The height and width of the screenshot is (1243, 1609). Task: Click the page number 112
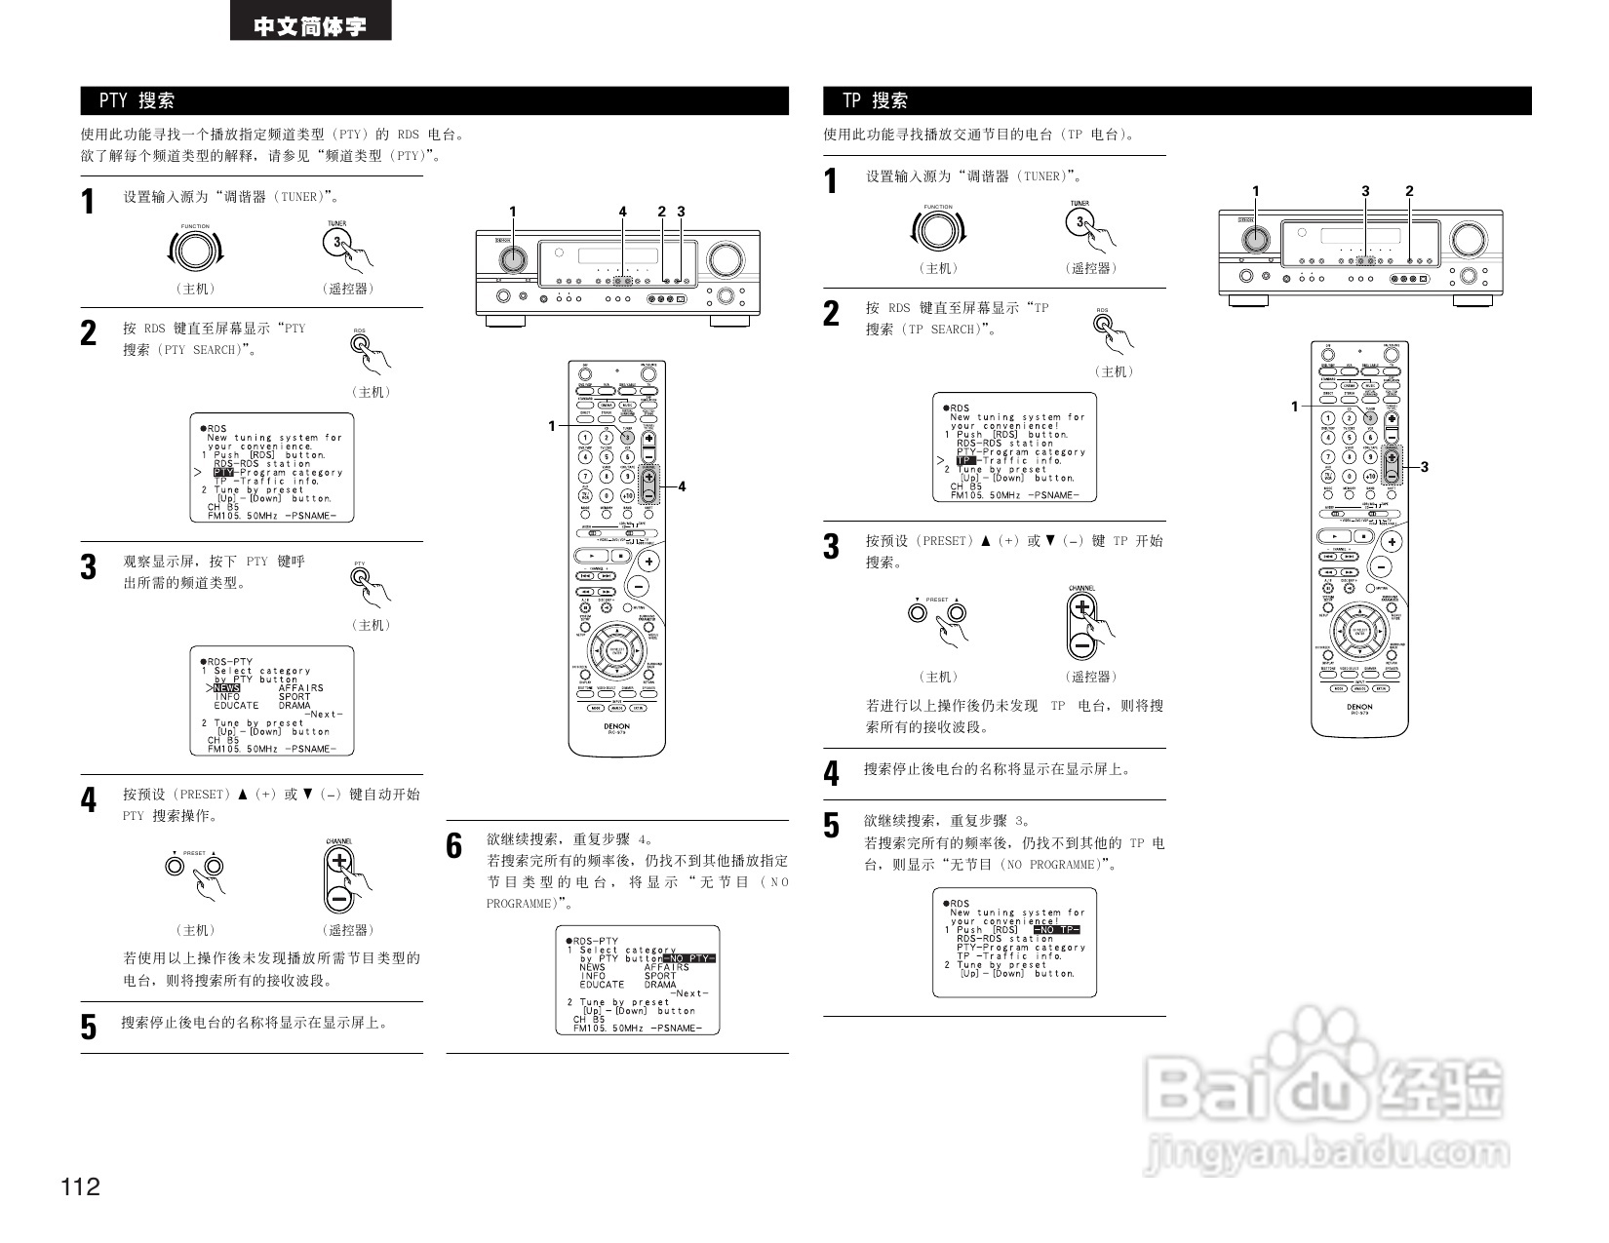coord(80,1186)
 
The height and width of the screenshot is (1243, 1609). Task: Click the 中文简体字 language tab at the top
coord(310,25)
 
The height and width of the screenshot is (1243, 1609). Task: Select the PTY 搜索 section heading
coord(137,100)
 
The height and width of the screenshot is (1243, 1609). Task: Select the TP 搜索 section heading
coord(875,100)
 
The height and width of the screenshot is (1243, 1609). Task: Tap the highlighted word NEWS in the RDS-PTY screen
coord(226,688)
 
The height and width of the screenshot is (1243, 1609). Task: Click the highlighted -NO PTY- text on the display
coord(688,958)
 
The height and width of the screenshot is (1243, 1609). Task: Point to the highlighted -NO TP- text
coord(1057,930)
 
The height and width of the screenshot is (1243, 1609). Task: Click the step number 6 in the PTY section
coord(454,845)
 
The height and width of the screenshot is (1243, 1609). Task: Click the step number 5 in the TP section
coord(831,826)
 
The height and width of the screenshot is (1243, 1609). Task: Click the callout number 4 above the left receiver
coord(623,212)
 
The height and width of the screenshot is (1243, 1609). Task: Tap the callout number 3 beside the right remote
coord(1425,467)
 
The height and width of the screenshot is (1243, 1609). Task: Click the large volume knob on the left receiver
coord(725,258)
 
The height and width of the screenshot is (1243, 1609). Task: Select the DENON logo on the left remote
coord(616,726)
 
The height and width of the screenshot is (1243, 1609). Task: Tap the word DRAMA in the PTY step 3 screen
coord(294,706)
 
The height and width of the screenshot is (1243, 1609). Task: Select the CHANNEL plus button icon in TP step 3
coord(1081,609)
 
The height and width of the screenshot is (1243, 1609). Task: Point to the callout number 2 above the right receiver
coord(1409,191)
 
